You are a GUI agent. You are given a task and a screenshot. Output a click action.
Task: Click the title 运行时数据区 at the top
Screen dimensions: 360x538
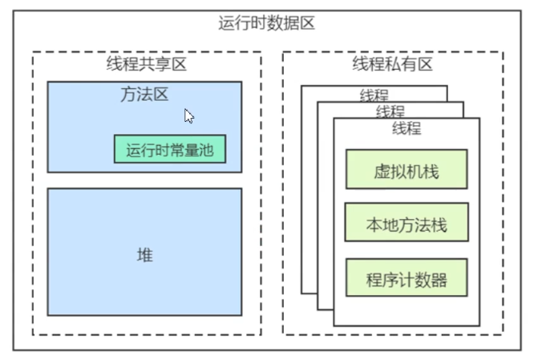click(266, 22)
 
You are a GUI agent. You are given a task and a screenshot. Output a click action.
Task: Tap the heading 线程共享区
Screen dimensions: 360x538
click(146, 64)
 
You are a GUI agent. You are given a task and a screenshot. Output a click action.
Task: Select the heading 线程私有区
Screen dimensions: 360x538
click(392, 64)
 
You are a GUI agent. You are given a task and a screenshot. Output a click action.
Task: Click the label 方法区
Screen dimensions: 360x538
click(144, 95)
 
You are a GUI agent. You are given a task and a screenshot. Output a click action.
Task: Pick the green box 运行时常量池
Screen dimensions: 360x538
click(170, 148)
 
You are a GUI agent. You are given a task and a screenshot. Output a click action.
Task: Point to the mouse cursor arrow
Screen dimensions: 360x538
click(189, 115)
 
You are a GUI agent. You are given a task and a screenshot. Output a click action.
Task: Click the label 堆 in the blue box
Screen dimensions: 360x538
click(144, 256)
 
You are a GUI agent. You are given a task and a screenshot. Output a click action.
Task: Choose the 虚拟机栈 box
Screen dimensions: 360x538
click(406, 172)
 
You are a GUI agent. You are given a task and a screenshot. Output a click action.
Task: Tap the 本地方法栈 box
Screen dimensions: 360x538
click(406, 225)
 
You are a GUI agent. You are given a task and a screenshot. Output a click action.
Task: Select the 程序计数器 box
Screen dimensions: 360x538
click(406, 280)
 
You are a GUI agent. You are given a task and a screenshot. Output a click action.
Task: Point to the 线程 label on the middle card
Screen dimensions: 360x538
click(390, 111)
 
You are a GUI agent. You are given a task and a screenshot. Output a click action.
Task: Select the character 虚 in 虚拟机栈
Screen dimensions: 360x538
click(382, 172)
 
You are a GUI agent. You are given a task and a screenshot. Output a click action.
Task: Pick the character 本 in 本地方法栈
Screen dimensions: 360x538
click(374, 225)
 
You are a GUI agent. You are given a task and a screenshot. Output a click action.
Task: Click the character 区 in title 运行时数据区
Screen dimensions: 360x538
click(306, 22)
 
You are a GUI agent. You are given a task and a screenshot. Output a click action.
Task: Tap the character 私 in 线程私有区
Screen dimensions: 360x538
click(392, 64)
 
